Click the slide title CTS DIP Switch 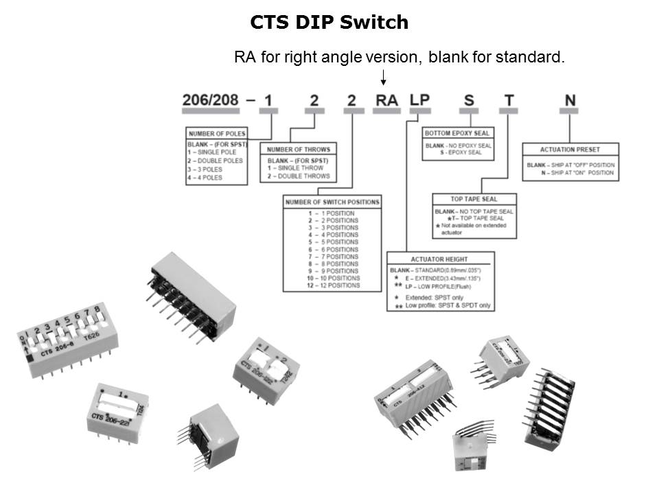click(329, 23)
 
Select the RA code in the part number click(386, 100)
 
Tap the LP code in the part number click(419, 100)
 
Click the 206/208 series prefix click(211, 100)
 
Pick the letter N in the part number click(570, 100)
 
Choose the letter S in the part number click(469, 100)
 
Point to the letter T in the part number click(509, 100)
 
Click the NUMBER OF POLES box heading click(217, 133)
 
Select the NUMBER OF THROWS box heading click(298, 149)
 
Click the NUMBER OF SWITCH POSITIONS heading click(332, 202)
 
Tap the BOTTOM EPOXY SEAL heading click(457, 133)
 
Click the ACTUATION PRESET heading click(570, 149)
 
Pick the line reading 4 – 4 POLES click(205, 178)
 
